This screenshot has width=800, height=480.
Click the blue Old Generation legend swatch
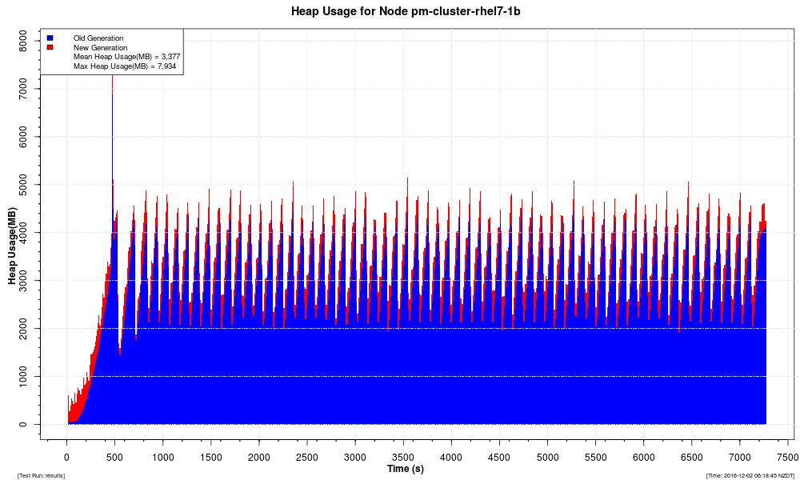pos(50,38)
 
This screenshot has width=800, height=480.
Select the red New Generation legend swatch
pos(50,47)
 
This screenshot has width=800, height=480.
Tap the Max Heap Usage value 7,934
pos(166,66)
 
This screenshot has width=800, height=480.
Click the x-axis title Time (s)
pos(406,468)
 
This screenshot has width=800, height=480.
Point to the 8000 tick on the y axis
pos(24,41)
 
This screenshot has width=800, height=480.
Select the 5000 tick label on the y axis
pos(24,185)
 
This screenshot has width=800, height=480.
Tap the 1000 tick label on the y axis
pos(24,376)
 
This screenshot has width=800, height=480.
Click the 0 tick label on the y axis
pos(24,424)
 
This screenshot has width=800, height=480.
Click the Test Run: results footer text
pos(42,475)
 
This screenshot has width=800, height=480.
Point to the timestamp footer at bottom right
pos(750,475)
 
